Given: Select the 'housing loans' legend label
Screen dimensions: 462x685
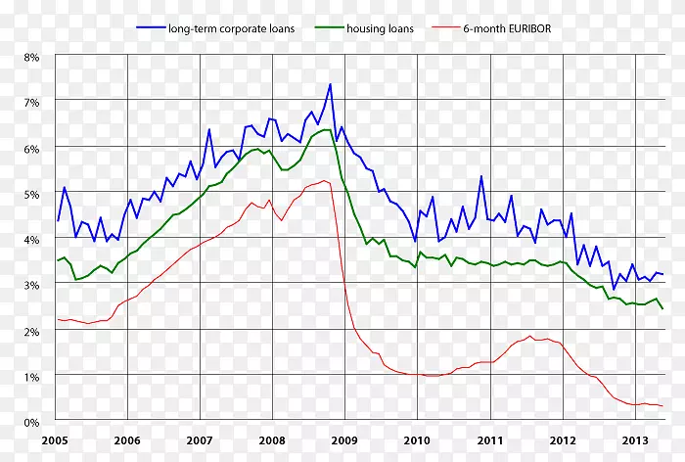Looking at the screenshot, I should click(380, 28).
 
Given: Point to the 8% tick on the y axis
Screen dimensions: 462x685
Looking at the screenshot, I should click(31, 58).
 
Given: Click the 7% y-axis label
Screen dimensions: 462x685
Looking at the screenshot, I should click(31, 103).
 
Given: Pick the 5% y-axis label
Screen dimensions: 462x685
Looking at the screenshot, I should click(31, 194).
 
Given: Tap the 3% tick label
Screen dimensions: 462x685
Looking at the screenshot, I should click(31, 286).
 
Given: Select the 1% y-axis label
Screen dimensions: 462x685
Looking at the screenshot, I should click(31, 377).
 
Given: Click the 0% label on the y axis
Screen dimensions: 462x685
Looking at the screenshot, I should click(31, 422).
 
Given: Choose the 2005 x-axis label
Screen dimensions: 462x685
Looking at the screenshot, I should click(55, 440).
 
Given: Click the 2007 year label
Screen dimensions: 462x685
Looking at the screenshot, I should click(200, 440).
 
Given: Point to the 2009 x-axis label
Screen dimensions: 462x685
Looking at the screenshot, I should click(344, 440).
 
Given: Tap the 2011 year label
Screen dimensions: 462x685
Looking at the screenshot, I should click(489, 440).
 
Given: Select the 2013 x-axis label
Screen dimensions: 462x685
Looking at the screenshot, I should click(634, 440).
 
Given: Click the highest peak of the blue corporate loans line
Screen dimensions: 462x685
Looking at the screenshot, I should click(330, 84).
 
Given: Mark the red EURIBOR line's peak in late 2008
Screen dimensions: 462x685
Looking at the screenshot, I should click(323, 180).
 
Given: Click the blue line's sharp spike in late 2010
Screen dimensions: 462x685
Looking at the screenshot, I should click(480, 176).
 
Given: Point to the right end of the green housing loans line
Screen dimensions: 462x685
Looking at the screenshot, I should click(662, 308).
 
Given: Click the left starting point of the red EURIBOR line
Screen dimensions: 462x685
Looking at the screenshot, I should click(58, 319).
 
